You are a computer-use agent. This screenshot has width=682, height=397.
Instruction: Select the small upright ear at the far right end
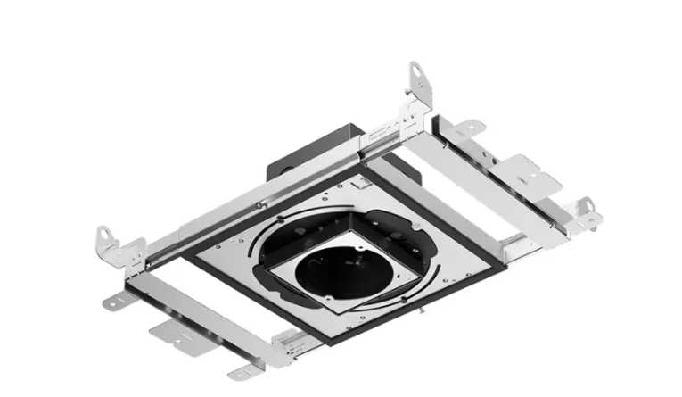[585, 207]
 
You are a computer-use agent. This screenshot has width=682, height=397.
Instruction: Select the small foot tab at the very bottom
[242, 373]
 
